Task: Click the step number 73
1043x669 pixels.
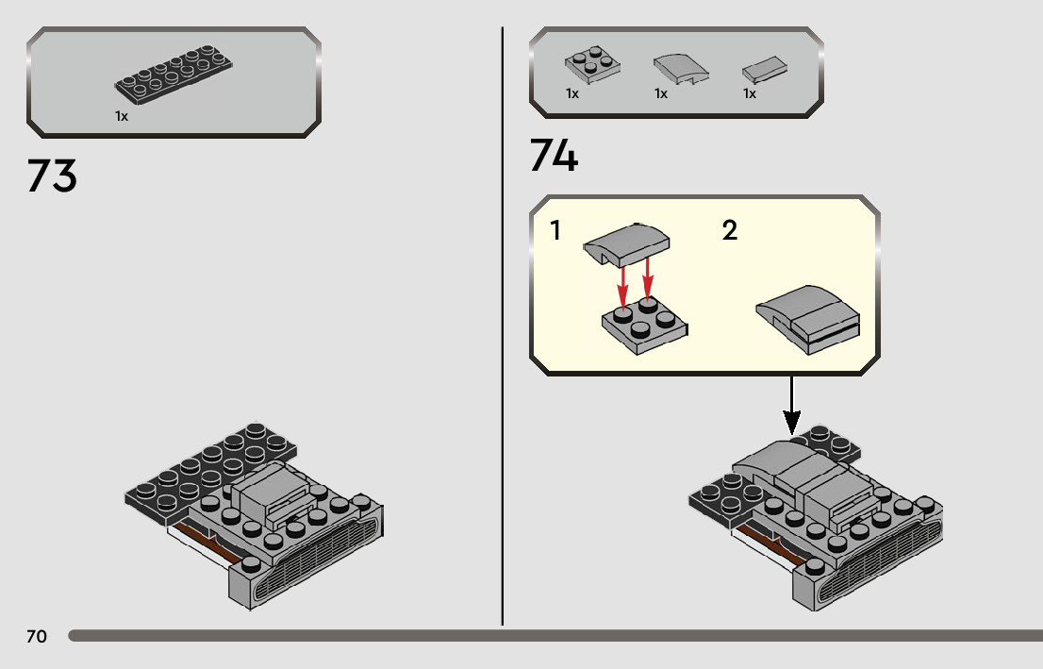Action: tap(52, 176)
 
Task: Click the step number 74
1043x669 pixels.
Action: tap(554, 157)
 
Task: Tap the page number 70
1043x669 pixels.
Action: tap(36, 637)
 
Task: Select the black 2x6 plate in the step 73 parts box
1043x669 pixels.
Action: tap(174, 77)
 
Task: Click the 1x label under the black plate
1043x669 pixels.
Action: tap(122, 116)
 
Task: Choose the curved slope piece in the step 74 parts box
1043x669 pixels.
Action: tap(679, 68)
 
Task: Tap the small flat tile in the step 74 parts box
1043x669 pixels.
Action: tap(764, 70)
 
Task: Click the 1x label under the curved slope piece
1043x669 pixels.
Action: tap(661, 94)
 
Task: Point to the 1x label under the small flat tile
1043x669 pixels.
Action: tap(750, 94)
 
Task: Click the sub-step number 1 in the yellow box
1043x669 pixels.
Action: tap(555, 229)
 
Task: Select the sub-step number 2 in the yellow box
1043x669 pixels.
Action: tap(729, 229)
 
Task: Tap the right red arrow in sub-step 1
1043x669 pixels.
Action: tap(648, 276)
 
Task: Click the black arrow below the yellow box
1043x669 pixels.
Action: tap(792, 406)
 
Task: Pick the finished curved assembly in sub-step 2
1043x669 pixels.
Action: tap(808, 319)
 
